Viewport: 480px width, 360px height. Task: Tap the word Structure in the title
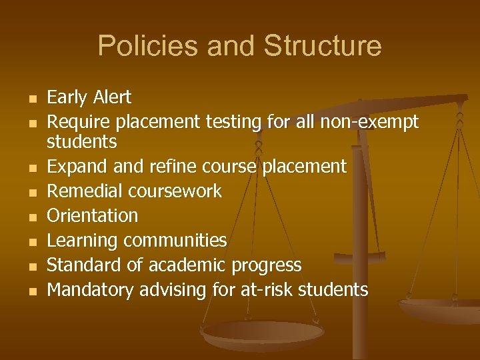(x=323, y=46)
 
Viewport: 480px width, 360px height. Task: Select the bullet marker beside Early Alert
(x=31, y=99)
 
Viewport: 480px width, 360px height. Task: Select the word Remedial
(x=83, y=191)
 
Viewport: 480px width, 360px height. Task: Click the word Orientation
(x=93, y=216)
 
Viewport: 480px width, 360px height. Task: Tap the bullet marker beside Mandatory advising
(x=31, y=291)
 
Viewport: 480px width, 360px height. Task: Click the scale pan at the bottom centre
(x=254, y=334)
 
